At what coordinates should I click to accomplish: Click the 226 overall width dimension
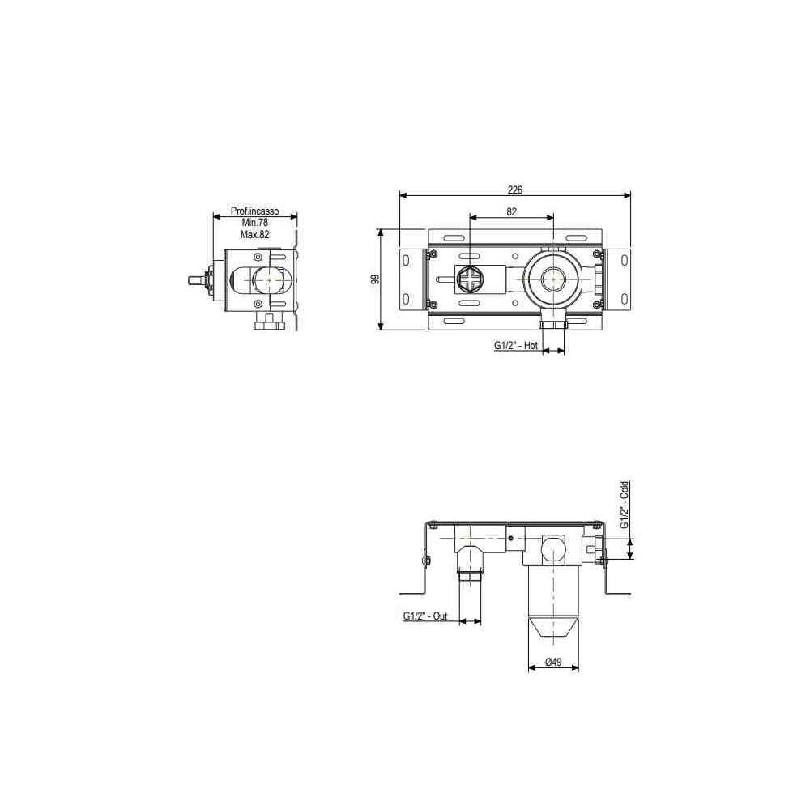tap(515, 190)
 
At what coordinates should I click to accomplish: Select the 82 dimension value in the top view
tap(511, 211)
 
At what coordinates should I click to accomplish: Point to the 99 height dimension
tap(376, 279)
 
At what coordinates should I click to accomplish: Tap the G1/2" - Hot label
tap(515, 346)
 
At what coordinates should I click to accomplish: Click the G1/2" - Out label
tap(425, 616)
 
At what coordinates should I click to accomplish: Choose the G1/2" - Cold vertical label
tap(625, 505)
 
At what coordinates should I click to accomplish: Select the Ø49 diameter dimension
tap(553, 662)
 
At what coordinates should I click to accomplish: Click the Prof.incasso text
tap(254, 211)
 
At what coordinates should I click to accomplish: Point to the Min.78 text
tap(255, 223)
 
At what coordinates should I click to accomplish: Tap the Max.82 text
tap(255, 234)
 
